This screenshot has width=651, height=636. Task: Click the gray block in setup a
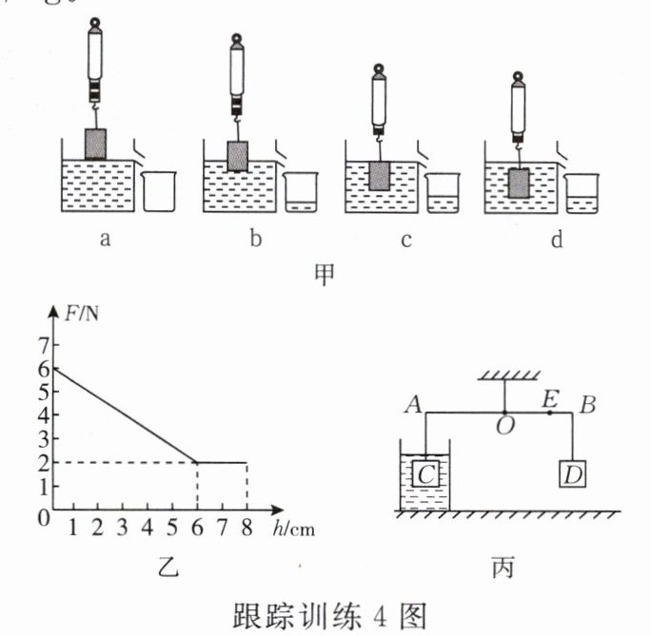(x=96, y=144)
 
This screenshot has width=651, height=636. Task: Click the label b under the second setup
(x=255, y=241)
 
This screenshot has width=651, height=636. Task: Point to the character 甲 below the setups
(x=325, y=273)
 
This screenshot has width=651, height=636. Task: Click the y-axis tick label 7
(x=42, y=343)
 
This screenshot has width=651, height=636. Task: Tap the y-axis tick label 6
(x=42, y=368)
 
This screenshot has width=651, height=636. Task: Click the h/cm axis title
(x=292, y=530)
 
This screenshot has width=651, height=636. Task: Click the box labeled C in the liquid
(x=426, y=472)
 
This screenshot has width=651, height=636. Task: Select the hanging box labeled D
(x=571, y=473)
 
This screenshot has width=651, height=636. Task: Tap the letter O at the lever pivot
(x=504, y=427)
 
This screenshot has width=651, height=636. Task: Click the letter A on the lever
(x=413, y=405)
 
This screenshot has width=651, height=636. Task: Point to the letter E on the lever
(x=549, y=399)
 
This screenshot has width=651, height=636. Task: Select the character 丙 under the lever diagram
(x=503, y=568)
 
